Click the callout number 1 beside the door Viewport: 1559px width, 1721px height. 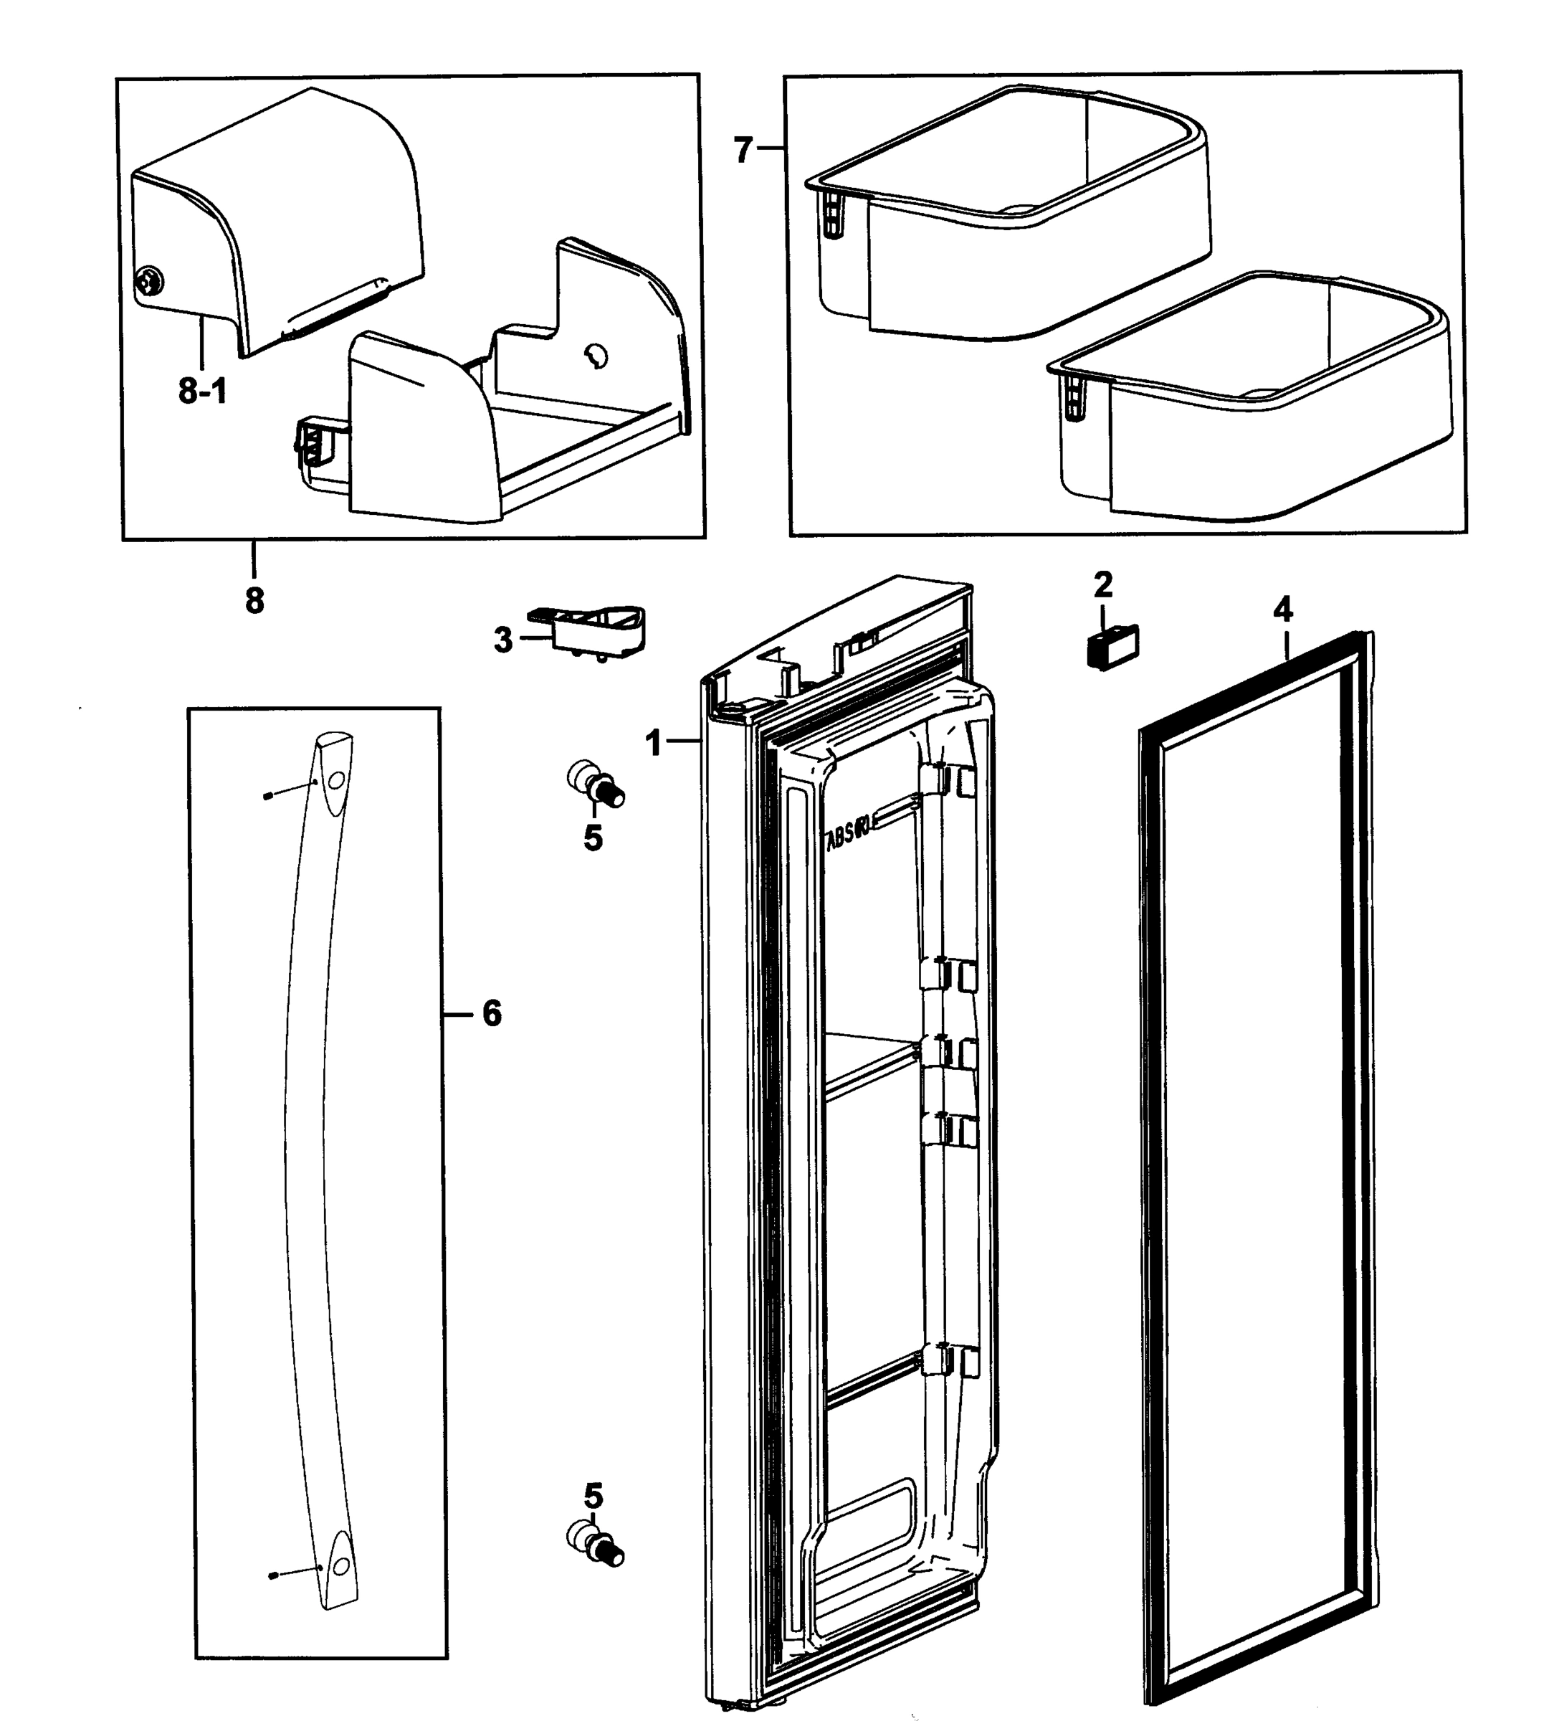[654, 743]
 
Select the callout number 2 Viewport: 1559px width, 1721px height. [1102, 586]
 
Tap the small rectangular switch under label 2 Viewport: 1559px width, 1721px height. [1112, 648]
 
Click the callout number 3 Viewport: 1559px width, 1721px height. [502, 640]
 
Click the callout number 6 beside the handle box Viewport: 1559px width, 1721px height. [492, 1013]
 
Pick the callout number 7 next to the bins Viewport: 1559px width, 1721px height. [743, 151]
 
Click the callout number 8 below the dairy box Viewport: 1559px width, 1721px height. [254, 600]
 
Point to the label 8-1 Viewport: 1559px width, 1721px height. [202, 391]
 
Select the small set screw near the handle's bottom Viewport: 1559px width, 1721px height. [272, 1598]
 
